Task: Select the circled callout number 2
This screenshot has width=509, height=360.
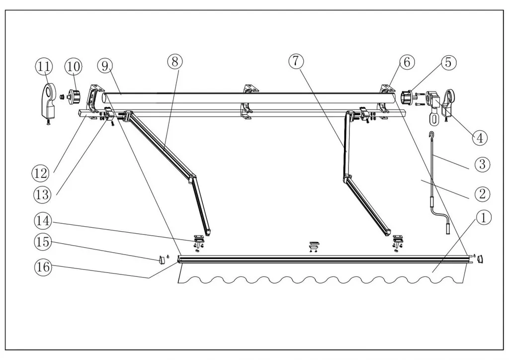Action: click(482, 193)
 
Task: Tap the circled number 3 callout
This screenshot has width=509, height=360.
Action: click(482, 164)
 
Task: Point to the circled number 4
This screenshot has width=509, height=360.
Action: click(479, 137)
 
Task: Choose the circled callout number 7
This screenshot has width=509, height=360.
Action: click(295, 61)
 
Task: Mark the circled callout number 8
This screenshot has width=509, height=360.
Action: click(175, 61)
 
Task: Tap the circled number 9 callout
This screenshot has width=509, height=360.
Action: click(105, 65)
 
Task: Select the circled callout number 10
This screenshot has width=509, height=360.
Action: click(73, 65)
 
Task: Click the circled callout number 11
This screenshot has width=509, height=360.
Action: click(43, 65)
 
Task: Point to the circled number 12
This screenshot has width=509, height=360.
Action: click(41, 174)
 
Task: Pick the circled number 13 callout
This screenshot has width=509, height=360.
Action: click(42, 194)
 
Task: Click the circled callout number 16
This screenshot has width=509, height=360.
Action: click(42, 267)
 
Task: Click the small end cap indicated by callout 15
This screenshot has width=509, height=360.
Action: click(161, 259)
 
